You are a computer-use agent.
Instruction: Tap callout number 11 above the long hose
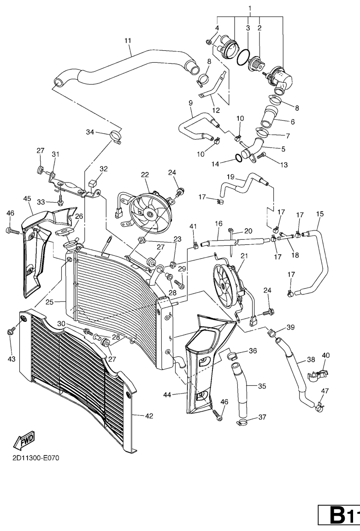[128, 41]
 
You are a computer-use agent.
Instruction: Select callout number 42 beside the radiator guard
[149, 416]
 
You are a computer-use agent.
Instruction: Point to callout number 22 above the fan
[145, 175]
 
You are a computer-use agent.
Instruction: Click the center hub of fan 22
[149, 214]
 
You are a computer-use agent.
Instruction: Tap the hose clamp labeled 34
[116, 136]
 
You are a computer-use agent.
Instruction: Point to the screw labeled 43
[11, 332]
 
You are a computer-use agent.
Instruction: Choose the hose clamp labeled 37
[244, 422]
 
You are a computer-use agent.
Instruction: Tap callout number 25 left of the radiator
[49, 302]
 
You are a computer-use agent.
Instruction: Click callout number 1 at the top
[250, 8]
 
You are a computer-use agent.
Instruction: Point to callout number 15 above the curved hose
[320, 214]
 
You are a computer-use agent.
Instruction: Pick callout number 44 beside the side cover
[167, 395]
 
